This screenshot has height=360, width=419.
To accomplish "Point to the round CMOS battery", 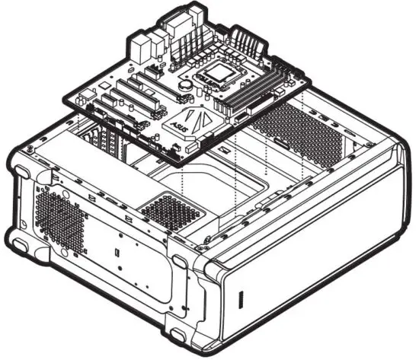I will tap(184, 87).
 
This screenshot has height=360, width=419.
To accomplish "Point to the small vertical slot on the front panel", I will tap(241, 298).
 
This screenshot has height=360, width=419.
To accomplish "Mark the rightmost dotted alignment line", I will tap(304, 137).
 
